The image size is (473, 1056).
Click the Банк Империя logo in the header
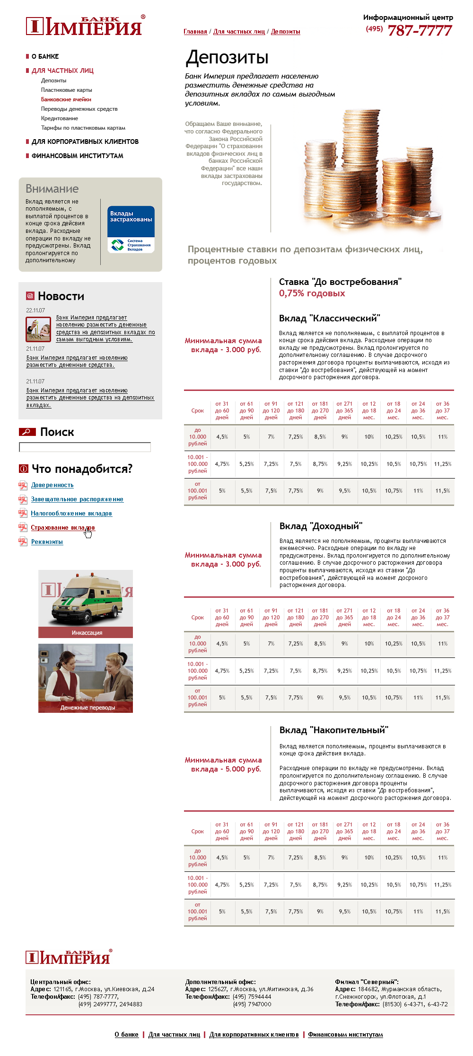[x=84, y=27]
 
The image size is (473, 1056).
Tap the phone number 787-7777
[x=420, y=31]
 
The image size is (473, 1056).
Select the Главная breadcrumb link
[x=195, y=32]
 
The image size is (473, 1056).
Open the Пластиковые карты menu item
[x=66, y=90]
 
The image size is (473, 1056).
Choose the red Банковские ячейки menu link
[x=66, y=99]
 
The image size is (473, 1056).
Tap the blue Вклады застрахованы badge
[x=131, y=229]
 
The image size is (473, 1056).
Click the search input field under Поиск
[x=85, y=447]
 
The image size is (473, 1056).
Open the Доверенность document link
[x=52, y=485]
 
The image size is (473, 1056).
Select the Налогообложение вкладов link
[x=71, y=514]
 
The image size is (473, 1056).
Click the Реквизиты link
[x=47, y=542]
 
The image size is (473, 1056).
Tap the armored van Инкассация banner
[x=86, y=603]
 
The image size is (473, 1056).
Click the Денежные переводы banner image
[x=86, y=678]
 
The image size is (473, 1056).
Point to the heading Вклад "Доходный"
[x=321, y=526]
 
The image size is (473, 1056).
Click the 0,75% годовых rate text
[x=312, y=293]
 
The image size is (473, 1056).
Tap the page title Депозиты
[x=227, y=57]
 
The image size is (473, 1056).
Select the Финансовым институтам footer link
[x=345, y=1034]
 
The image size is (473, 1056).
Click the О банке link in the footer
[x=126, y=1034]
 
